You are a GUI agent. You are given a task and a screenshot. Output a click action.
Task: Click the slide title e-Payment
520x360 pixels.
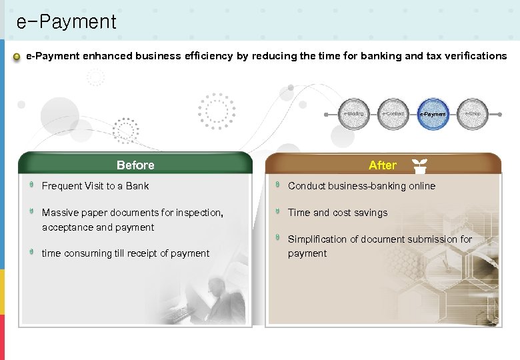pyautogui.click(x=66, y=22)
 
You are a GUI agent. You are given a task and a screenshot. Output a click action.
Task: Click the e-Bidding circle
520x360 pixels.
pyautogui.click(x=354, y=114)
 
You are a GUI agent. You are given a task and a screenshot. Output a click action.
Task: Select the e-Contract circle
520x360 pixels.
pyautogui.click(x=393, y=114)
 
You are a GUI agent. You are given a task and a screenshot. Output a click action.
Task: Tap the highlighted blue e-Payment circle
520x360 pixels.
pyautogui.click(x=433, y=114)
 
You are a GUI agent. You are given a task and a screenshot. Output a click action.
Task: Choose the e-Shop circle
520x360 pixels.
pyautogui.click(x=473, y=114)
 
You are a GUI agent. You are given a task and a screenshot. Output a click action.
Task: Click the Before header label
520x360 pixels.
pyautogui.click(x=135, y=165)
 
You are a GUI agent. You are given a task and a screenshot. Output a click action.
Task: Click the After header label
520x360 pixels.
pyautogui.click(x=382, y=165)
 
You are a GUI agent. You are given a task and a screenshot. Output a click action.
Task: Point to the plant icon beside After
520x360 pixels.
pyautogui.click(x=419, y=165)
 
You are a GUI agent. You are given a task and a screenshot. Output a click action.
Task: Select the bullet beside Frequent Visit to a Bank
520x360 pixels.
pyautogui.click(x=31, y=185)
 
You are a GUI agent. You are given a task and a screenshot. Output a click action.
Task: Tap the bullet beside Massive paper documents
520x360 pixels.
pyautogui.click(x=31, y=212)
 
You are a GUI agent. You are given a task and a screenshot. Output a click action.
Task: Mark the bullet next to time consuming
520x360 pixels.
pyautogui.click(x=31, y=253)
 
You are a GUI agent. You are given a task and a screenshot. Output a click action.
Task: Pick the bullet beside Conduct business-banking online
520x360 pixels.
pyautogui.click(x=278, y=185)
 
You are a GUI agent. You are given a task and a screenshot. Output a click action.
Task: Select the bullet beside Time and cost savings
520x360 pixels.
pyautogui.click(x=278, y=212)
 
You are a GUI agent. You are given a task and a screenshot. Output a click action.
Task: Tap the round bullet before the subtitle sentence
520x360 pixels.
pyautogui.click(x=17, y=57)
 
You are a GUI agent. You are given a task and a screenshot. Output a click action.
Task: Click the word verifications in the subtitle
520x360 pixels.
pyautogui.click(x=474, y=56)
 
